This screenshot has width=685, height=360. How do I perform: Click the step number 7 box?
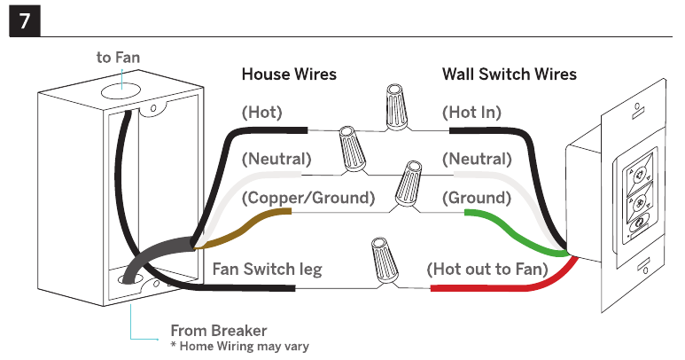(25, 21)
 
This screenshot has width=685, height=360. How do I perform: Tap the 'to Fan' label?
(118, 58)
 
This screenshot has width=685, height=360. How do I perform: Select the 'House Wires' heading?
(289, 74)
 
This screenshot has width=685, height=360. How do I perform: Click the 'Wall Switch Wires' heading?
(510, 74)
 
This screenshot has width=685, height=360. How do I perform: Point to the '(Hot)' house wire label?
(262, 113)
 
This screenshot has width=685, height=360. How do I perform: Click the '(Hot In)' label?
(471, 113)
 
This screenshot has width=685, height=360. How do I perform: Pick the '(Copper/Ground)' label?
(308, 198)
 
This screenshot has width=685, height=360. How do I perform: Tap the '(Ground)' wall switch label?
(477, 198)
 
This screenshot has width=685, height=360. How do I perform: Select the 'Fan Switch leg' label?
(268, 270)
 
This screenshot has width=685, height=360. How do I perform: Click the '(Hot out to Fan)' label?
(487, 270)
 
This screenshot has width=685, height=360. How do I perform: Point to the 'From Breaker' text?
(218, 331)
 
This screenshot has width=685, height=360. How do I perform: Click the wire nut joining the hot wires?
(397, 107)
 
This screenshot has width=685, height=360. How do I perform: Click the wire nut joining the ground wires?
(409, 184)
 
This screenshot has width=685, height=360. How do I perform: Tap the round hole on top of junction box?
(121, 91)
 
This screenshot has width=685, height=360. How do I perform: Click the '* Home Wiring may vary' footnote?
(240, 347)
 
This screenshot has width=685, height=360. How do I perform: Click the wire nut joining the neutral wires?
(353, 149)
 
